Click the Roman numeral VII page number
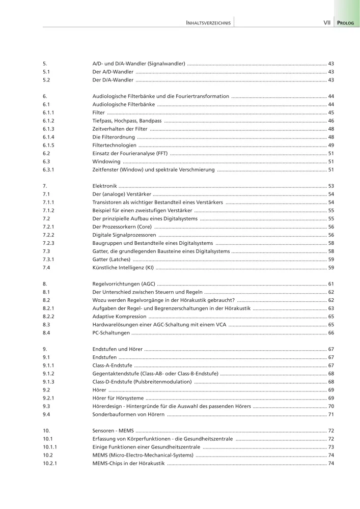(327, 23)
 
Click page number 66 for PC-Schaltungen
(330, 332)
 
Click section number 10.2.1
(50, 463)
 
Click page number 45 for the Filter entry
(330, 112)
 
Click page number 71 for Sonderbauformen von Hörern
(330, 414)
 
